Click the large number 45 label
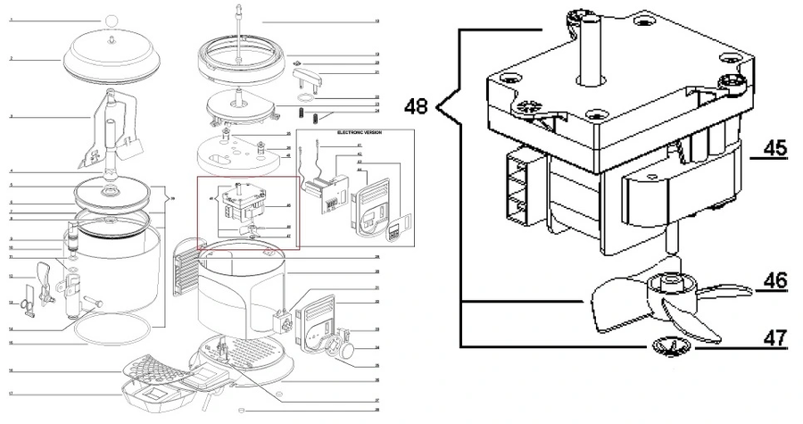(775, 148)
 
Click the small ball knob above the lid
(112, 21)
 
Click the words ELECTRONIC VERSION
(353, 133)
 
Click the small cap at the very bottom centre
(241, 410)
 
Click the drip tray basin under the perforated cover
(156, 394)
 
